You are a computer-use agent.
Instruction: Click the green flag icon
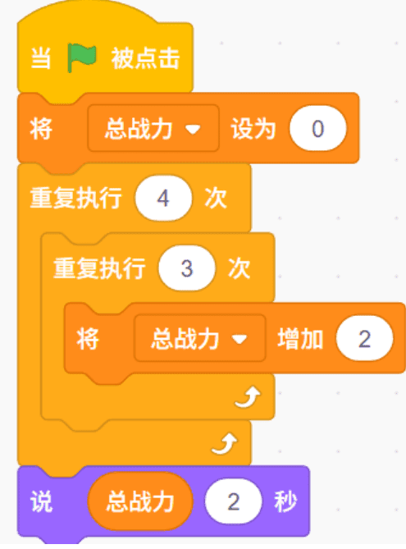pos(81,57)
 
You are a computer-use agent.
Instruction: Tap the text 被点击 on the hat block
pos(146,58)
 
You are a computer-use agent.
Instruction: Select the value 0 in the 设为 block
pos(317,129)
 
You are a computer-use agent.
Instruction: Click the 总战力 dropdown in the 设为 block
pos(153,129)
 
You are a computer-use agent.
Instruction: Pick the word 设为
pos(253,129)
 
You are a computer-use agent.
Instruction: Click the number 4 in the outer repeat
pos(163,198)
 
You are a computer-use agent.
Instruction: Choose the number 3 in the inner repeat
pos(187,268)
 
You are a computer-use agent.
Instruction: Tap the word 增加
pos(300,339)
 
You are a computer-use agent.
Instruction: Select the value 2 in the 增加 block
pos(364,339)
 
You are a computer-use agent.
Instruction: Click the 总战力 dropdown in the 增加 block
pos(200,339)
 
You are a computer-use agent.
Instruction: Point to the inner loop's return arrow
pos(248,397)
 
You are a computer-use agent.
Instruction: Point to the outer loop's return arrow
pos(225,444)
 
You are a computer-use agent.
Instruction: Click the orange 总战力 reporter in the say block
pos(140,501)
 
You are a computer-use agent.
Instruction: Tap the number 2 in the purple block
pos(234,501)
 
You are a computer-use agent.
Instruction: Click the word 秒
pos(285,501)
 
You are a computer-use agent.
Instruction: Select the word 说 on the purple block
pos(41,501)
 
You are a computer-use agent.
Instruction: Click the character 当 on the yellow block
pos(41,58)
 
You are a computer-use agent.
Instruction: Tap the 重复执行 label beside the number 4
pos(76,198)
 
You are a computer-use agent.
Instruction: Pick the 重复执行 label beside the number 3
pos(99,268)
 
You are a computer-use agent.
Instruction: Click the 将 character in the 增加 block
pos(88,339)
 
